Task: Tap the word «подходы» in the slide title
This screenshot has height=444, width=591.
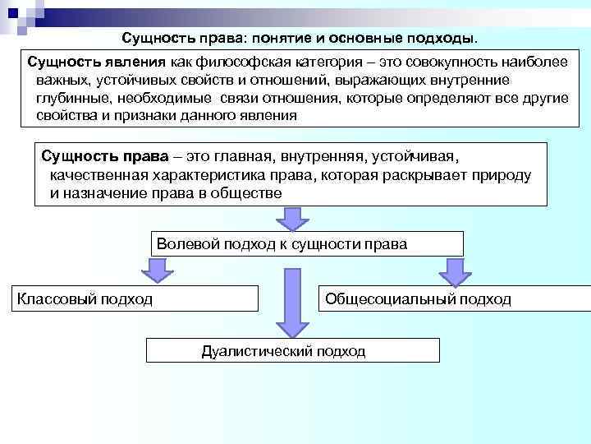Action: (x=443, y=39)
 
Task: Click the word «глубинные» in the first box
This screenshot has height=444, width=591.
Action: (x=71, y=99)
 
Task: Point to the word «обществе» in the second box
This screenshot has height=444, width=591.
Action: (x=250, y=194)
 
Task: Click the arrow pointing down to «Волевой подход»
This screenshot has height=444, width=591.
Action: (x=292, y=218)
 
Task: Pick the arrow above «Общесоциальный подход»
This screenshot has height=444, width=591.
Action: (x=451, y=271)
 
